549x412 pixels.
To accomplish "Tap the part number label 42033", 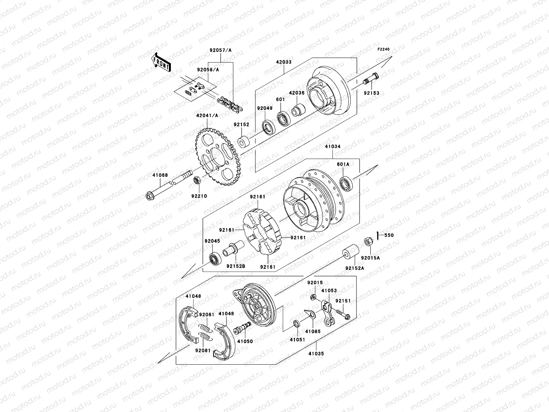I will click(284, 62).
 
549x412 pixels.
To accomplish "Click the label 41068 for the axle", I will click(160, 175).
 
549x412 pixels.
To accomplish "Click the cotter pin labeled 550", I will click(377, 236).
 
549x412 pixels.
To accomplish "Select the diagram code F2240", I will click(384, 49).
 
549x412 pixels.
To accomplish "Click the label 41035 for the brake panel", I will click(316, 353).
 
